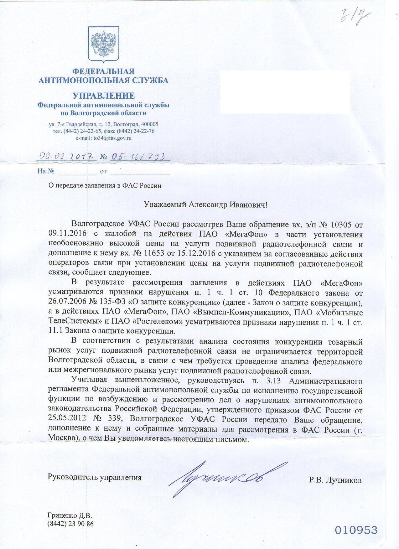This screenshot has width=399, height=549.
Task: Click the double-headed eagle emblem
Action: pos(103,44)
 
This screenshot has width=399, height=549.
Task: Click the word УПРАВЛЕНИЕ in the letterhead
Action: pos(103,96)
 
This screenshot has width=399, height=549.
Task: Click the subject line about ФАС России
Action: pos(105,185)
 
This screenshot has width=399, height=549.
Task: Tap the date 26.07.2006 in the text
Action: pos(66,303)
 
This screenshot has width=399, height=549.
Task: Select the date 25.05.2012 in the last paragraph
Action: pos(66,419)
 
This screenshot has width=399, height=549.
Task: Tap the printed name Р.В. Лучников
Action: pos(335,480)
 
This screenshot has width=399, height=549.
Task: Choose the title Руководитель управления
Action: pos(95,478)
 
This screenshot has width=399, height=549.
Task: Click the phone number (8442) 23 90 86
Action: pos(70,524)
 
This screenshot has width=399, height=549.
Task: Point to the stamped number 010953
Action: pos(356,530)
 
